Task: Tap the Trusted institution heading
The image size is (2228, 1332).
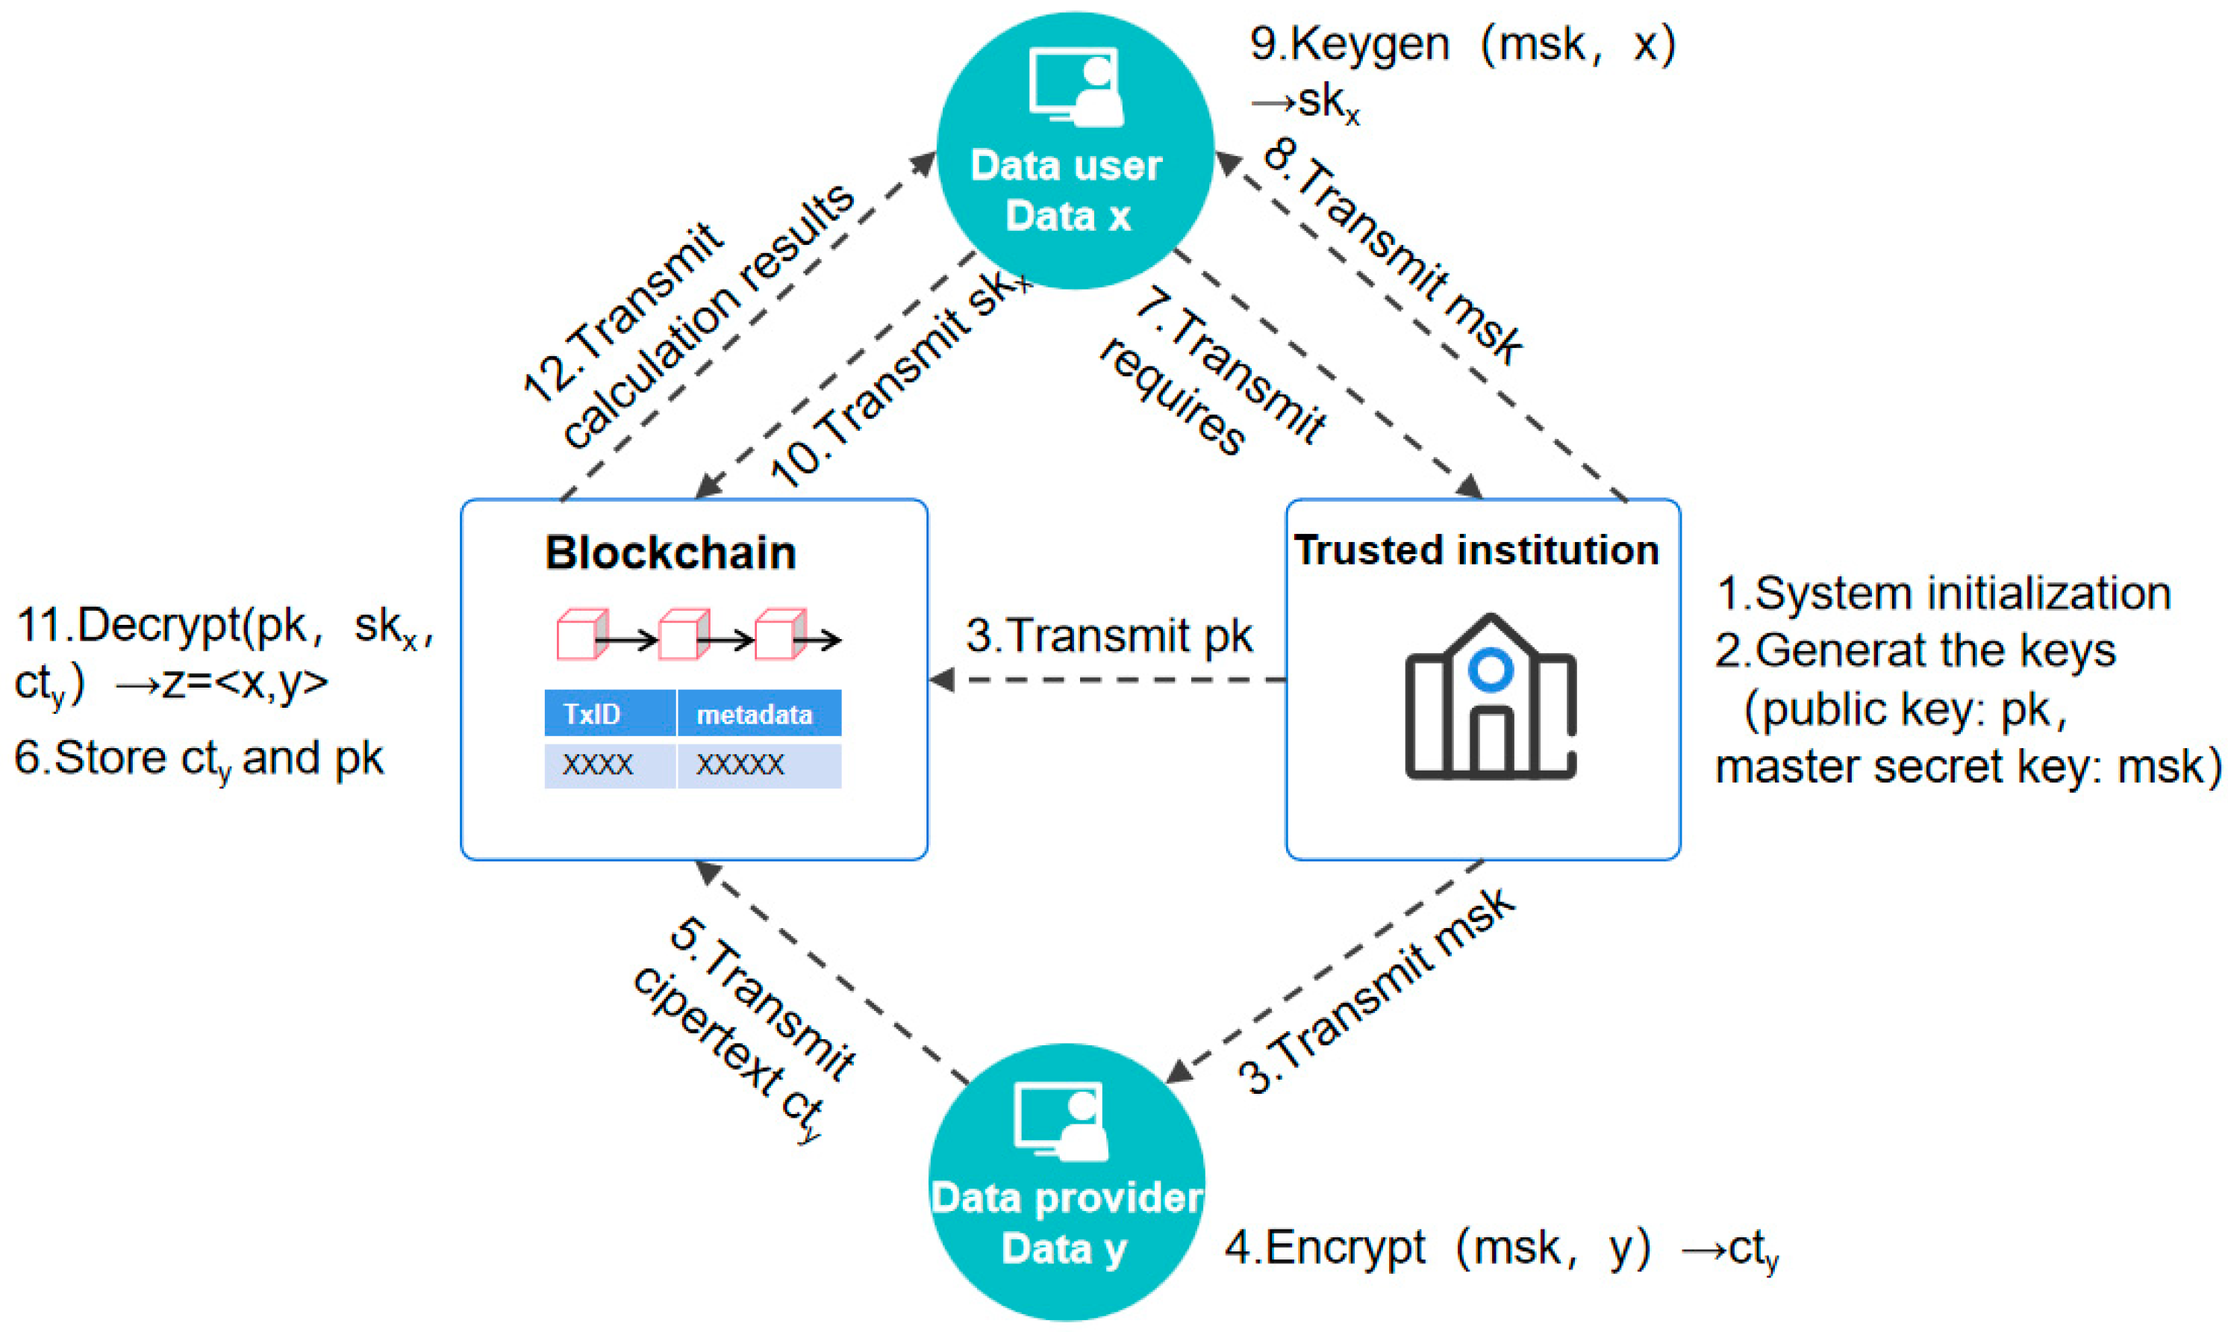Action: point(1476,550)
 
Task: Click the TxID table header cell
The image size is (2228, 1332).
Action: point(609,714)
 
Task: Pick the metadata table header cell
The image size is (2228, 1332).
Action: point(758,714)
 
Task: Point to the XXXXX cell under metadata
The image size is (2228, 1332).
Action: point(758,765)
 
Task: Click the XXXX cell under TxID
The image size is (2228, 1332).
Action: point(609,765)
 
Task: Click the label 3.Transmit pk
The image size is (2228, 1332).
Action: point(1109,635)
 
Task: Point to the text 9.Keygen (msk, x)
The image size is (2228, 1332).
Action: point(1463,45)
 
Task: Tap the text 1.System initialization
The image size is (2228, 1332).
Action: point(1943,594)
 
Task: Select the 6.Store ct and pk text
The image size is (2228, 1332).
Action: point(199,759)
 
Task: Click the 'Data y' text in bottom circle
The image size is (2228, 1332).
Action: point(1064,1248)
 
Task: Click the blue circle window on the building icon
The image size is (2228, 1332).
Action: point(1491,669)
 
